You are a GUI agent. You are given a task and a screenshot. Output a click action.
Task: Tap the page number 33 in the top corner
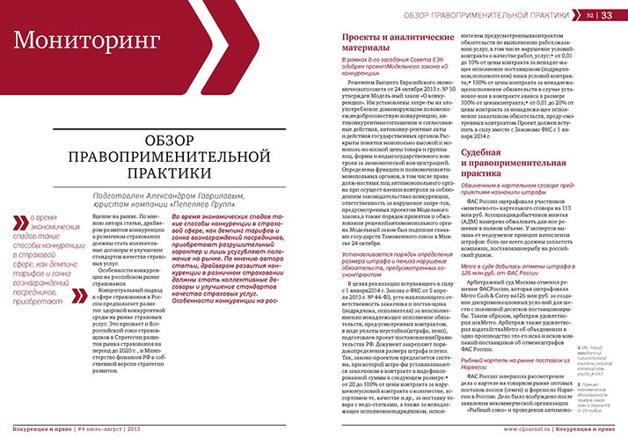tap(607, 15)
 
